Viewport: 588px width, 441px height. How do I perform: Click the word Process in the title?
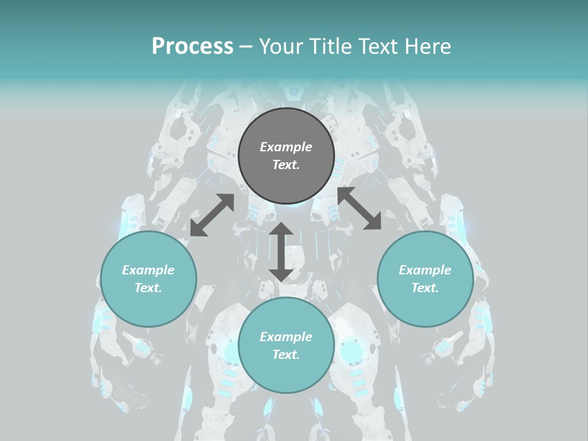192,47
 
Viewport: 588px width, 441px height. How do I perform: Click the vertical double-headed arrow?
281,252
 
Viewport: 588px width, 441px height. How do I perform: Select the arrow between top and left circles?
212,215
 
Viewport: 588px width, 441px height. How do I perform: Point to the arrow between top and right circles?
359,209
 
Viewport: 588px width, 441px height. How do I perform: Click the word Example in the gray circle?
286,147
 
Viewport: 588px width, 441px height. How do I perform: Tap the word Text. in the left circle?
148,288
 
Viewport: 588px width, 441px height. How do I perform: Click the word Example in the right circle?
425,270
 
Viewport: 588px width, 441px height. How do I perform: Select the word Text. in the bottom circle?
286,355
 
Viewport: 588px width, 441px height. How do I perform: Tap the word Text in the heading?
383,47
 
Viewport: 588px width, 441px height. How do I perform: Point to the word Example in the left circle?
148,270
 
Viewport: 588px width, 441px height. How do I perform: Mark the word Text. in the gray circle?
286,165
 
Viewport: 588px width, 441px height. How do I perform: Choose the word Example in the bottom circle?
286,337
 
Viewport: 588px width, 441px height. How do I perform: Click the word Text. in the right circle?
425,288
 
